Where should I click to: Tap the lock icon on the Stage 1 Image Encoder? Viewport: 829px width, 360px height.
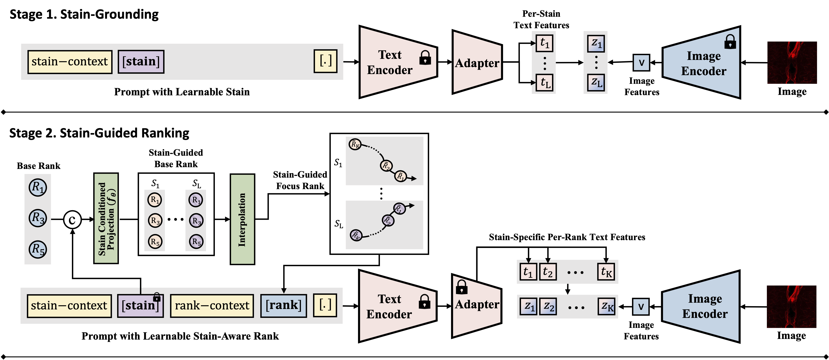click(730, 42)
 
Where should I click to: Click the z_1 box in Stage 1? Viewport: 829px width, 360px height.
click(596, 43)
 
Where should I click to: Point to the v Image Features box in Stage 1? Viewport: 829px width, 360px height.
click(641, 62)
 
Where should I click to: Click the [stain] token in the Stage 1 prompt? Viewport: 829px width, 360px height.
click(141, 61)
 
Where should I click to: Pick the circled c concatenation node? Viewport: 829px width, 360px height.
click(72, 220)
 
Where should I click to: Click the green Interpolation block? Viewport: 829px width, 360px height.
click(242, 220)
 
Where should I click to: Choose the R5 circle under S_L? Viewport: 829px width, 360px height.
click(196, 242)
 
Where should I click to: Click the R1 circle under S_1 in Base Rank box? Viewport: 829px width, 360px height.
click(155, 200)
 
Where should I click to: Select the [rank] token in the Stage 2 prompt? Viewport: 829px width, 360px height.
click(283, 305)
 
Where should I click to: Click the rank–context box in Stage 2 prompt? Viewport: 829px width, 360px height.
click(212, 306)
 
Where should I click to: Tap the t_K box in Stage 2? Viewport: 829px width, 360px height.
click(606, 272)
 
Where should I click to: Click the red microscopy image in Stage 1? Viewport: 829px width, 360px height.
click(792, 63)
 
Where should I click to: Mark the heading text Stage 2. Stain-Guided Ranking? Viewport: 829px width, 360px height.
click(99, 133)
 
